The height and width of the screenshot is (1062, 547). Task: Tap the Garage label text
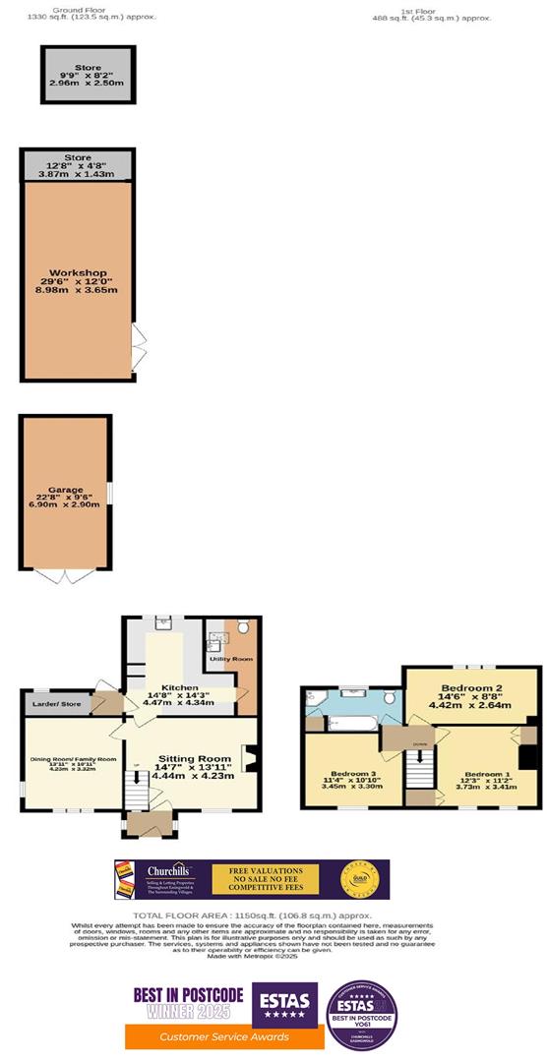coord(66,489)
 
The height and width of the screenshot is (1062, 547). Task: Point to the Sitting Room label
coord(193,758)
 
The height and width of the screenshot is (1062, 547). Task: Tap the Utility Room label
coord(231,658)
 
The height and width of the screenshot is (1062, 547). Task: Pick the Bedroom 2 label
coord(472,686)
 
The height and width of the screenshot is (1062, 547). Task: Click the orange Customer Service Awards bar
coord(224,1036)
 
